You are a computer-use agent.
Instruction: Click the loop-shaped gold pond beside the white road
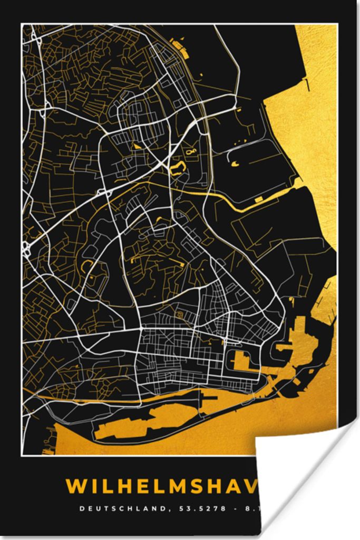177,168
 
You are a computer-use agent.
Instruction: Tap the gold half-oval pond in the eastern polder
234,164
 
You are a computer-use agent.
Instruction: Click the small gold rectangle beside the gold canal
258,199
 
